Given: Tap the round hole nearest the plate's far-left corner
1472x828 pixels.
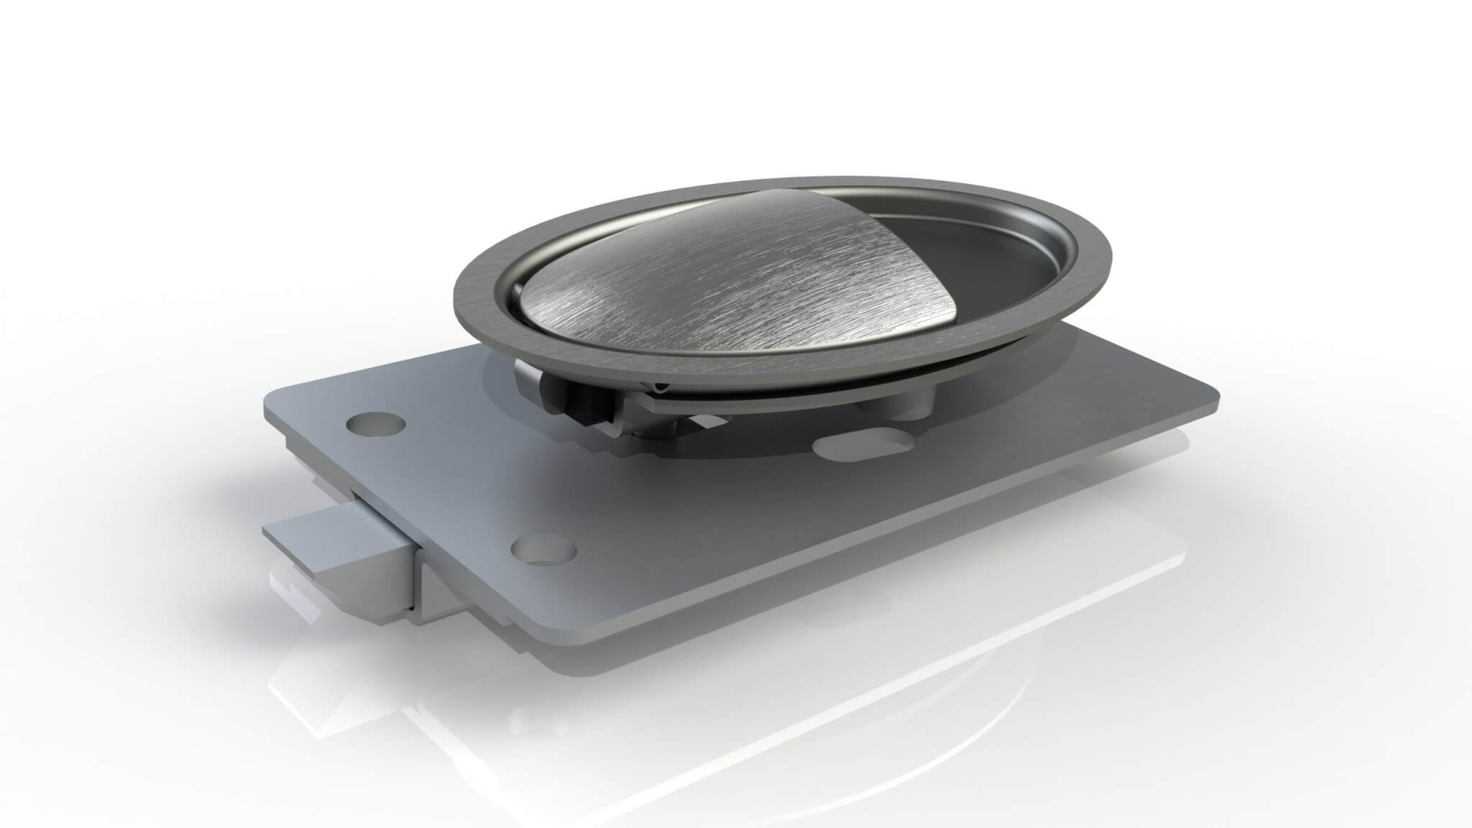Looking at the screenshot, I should [374, 425].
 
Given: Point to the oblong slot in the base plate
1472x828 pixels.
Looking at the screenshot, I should [861, 446].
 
